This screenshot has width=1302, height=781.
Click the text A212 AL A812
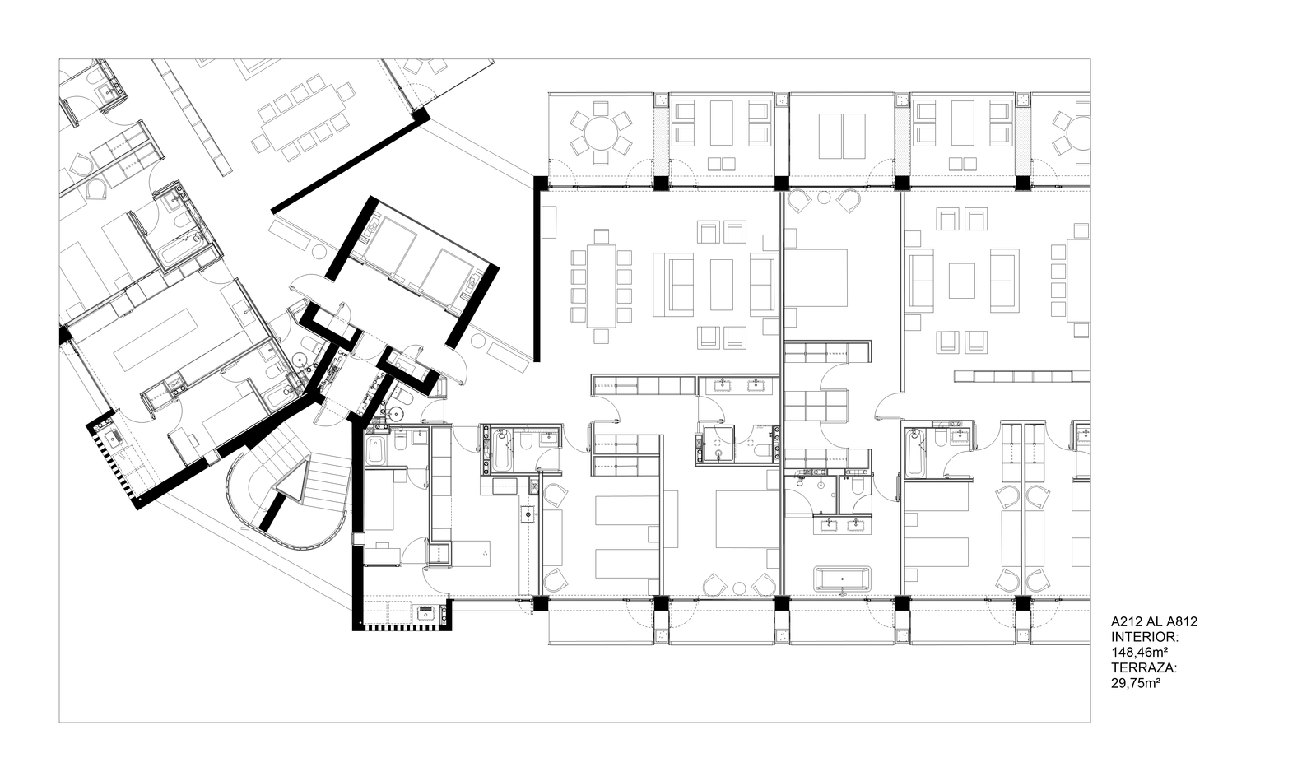1153,622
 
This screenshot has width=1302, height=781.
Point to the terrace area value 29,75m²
1136,682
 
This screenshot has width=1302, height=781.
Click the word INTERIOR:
1145,637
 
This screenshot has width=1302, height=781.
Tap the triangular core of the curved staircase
293,490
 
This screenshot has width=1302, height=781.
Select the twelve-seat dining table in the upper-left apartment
301,116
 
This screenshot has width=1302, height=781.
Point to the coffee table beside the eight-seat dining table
722,284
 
